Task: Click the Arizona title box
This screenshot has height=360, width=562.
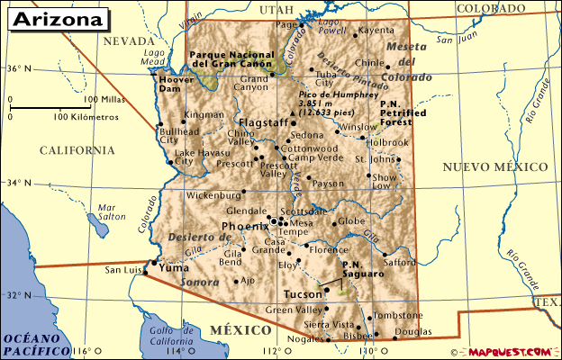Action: [x=56, y=18]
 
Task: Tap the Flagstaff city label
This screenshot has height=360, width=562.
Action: [x=262, y=123]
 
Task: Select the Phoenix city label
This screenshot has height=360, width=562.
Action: [x=239, y=225]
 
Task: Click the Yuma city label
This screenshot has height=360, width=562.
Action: [x=173, y=267]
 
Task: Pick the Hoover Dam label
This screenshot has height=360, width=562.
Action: [x=177, y=84]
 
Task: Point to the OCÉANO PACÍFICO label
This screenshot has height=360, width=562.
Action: [x=36, y=344]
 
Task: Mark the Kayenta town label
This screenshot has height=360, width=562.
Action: [x=376, y=31]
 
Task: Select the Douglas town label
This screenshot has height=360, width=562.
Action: [x=412, y=332]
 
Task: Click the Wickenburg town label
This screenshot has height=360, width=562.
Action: [x=212, y=194]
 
